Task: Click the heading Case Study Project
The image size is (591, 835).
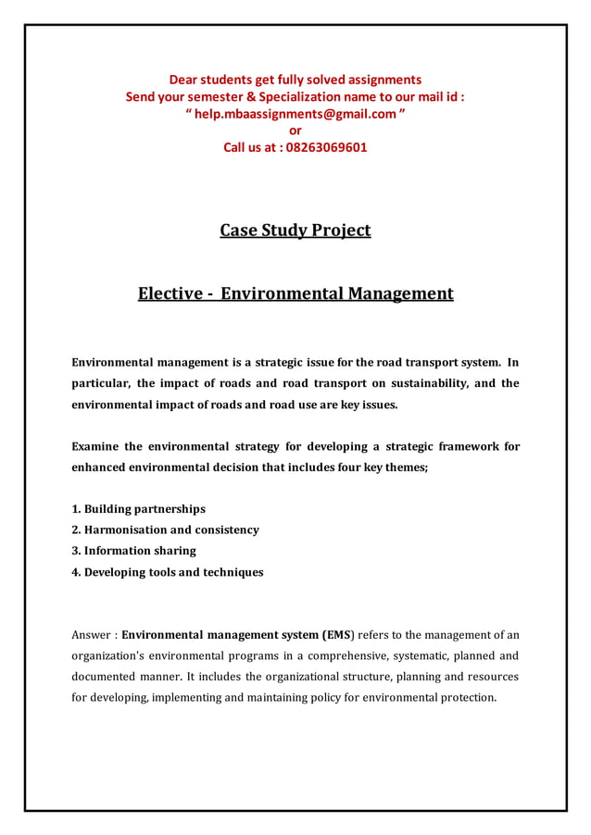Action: (x=295, y=230)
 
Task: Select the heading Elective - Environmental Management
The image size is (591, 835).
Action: (x=295, y=294)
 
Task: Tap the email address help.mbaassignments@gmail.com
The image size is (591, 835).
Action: (x=296, y=113)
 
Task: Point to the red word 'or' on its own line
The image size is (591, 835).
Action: (x=295, y=131)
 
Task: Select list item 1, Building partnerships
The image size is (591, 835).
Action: (x=138, y=509)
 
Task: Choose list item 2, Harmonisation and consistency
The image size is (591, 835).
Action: (x=165, y=530)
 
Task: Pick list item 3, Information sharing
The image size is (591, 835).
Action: (x=133, y=551)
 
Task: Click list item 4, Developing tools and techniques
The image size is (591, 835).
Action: (x=167, y=572)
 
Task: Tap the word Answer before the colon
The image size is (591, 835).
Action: (x=93, y=635)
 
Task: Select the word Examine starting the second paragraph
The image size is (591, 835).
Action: (x=95, y=446)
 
